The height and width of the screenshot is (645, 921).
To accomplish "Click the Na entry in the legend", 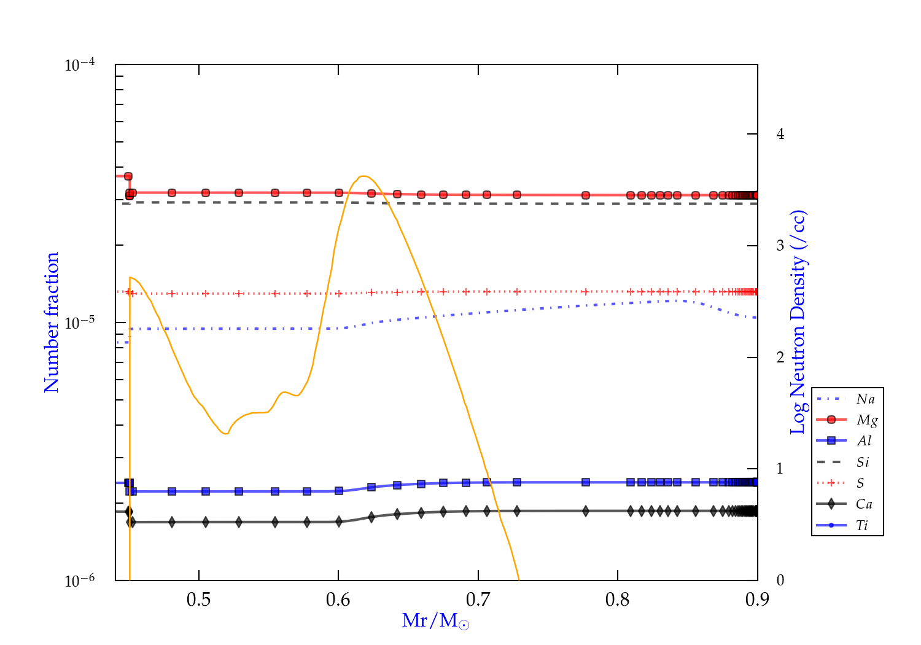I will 865,399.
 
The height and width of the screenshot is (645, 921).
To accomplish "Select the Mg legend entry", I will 866,420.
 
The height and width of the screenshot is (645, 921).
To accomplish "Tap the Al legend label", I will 865,441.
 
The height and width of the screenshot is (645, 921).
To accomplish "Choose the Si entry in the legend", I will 863,462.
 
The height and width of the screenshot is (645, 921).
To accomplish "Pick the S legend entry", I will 860,483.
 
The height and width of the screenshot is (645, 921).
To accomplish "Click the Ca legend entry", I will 864,504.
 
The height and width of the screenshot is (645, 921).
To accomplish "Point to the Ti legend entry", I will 862,525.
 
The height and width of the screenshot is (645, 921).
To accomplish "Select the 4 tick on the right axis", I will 780,134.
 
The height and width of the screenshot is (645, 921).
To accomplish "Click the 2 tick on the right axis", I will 780,358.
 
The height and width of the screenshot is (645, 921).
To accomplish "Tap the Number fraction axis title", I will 52,322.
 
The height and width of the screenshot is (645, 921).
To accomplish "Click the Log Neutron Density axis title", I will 798,322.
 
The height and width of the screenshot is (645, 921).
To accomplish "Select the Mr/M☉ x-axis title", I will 435,620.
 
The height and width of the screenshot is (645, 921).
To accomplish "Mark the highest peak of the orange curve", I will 363,176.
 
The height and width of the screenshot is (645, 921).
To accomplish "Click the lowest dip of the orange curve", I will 225,434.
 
